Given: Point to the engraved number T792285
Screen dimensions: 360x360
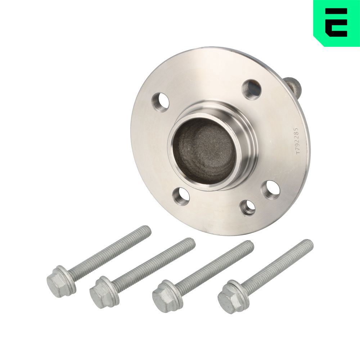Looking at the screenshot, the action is (297, 141).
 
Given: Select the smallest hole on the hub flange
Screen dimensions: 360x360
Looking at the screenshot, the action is (248, 208).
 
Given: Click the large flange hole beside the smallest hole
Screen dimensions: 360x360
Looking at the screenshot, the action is (271, 190).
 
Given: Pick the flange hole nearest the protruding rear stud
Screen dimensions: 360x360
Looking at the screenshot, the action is (252, 90).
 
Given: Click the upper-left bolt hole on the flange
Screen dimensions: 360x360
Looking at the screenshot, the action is (161, 102).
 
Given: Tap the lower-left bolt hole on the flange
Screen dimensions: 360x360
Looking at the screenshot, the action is (181, 196).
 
